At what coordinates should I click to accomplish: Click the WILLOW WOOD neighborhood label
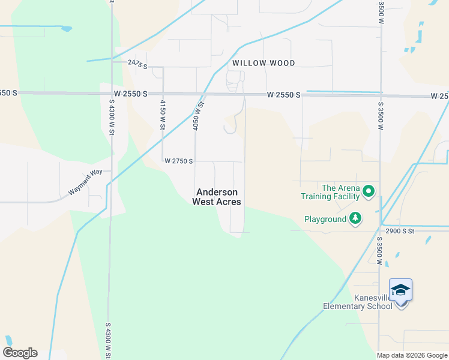coord(264,63)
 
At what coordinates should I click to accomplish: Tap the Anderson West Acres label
coord(217,197)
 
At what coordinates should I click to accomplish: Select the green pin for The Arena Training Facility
coord(369,192)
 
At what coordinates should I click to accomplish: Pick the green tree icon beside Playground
coord(357,219)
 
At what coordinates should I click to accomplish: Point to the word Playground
coord(325,220)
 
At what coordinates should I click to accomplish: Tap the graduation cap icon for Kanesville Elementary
coord(400,290)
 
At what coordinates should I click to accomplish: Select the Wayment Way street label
coord(85,182)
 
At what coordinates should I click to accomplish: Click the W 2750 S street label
coord(178,161)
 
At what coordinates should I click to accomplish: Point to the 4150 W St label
coord(162,114)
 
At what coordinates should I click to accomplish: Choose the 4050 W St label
coord(198,116)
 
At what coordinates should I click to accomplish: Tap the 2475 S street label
coord(137,62)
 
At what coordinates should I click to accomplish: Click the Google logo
coord(20,353)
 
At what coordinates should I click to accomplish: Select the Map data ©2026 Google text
coord(412,355)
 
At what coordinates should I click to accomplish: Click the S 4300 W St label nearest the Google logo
coord(109,340)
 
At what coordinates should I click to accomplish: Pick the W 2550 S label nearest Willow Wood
coord(283,95)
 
